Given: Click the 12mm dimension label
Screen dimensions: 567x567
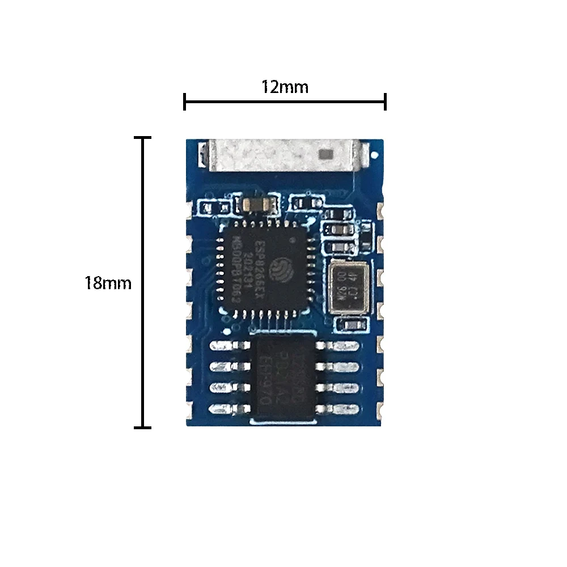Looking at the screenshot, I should click(285, 87).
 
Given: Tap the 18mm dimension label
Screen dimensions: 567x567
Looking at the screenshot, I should click(108, 283).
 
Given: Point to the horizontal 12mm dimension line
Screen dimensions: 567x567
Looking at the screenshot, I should click(285, 102).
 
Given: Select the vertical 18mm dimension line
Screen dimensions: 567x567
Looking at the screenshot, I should click(142, 282).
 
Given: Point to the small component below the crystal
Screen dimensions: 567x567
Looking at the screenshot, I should click(350, 324).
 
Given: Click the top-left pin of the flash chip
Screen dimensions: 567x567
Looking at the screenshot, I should click(225, 345).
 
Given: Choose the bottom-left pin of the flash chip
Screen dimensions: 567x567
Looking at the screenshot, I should click(225, 408).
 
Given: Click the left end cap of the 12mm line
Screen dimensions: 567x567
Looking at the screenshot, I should click(184, 102).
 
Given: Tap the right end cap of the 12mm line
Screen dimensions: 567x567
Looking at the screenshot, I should click(386, 102).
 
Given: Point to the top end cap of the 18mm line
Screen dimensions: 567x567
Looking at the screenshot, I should click(142, 137).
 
